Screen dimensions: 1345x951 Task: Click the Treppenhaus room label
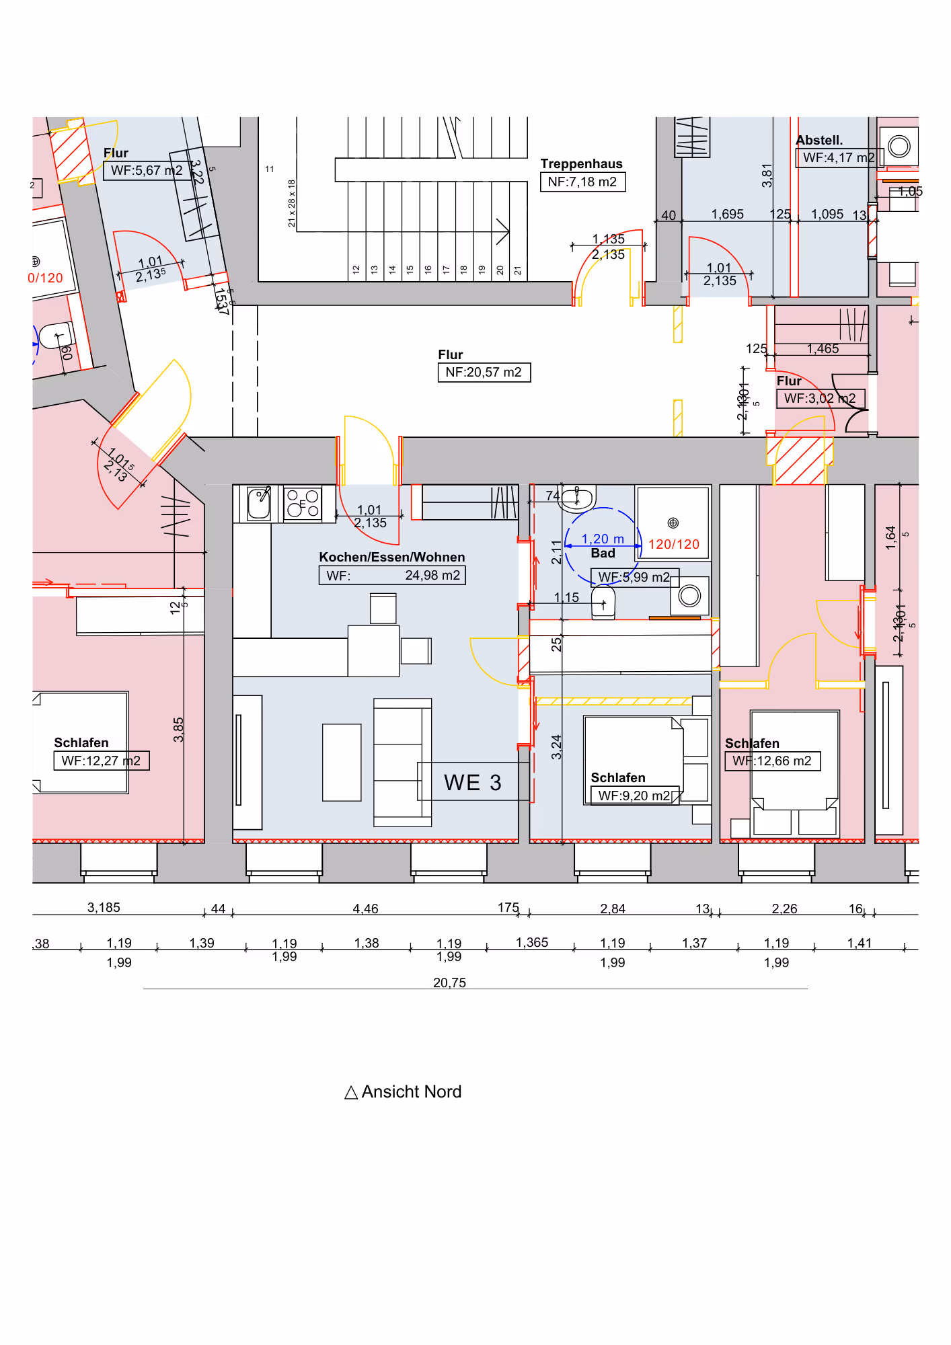581,163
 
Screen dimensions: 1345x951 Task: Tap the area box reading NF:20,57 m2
484,373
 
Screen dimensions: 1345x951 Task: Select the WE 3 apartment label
472,783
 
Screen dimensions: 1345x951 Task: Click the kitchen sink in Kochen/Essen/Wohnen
259,504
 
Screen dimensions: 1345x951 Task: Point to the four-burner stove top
303,503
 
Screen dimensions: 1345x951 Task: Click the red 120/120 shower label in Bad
673,544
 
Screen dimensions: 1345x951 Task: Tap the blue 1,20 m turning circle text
602,539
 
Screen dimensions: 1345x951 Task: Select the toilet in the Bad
603,601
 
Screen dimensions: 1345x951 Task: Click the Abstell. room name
819,140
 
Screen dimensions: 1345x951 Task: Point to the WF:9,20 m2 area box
634,796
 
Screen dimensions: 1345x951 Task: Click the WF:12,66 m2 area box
772,761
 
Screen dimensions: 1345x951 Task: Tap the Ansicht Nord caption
403,1091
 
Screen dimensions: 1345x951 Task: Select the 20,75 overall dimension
449,983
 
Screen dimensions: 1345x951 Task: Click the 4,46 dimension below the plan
365,909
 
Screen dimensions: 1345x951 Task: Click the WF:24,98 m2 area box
392,576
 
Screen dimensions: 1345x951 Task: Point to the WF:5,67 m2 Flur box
146,171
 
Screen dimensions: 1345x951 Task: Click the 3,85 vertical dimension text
178,730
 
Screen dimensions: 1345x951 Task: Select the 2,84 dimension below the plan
613,909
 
